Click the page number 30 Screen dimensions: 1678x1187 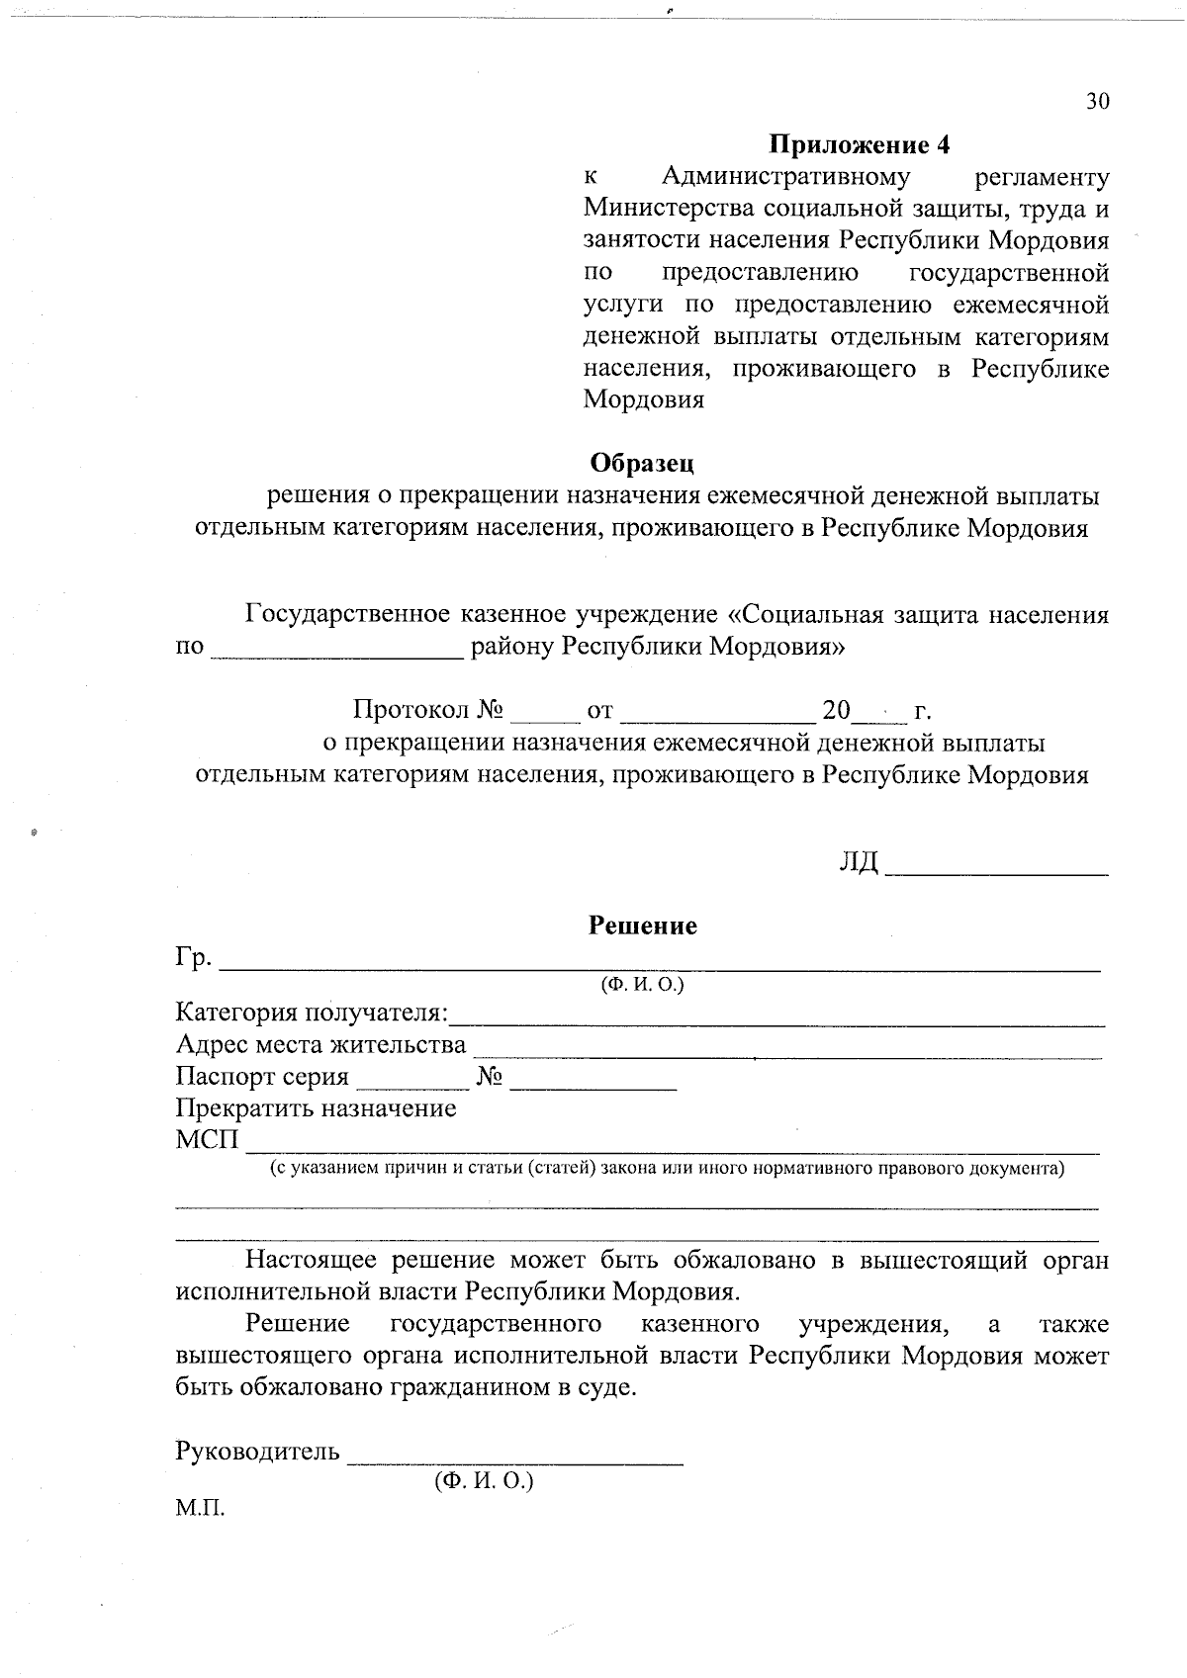coord(1097,102)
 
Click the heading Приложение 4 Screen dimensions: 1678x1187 coord(860,144)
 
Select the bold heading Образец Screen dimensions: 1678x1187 coord(642,462)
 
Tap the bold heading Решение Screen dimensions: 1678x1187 coord(643,926)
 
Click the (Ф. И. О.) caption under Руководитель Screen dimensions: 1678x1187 coord(483,1481)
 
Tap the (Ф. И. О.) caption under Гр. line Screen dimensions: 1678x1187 coord(642,986)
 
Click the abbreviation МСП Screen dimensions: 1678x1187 coord(208,1140)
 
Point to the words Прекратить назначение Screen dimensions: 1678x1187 coord(316,1107)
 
